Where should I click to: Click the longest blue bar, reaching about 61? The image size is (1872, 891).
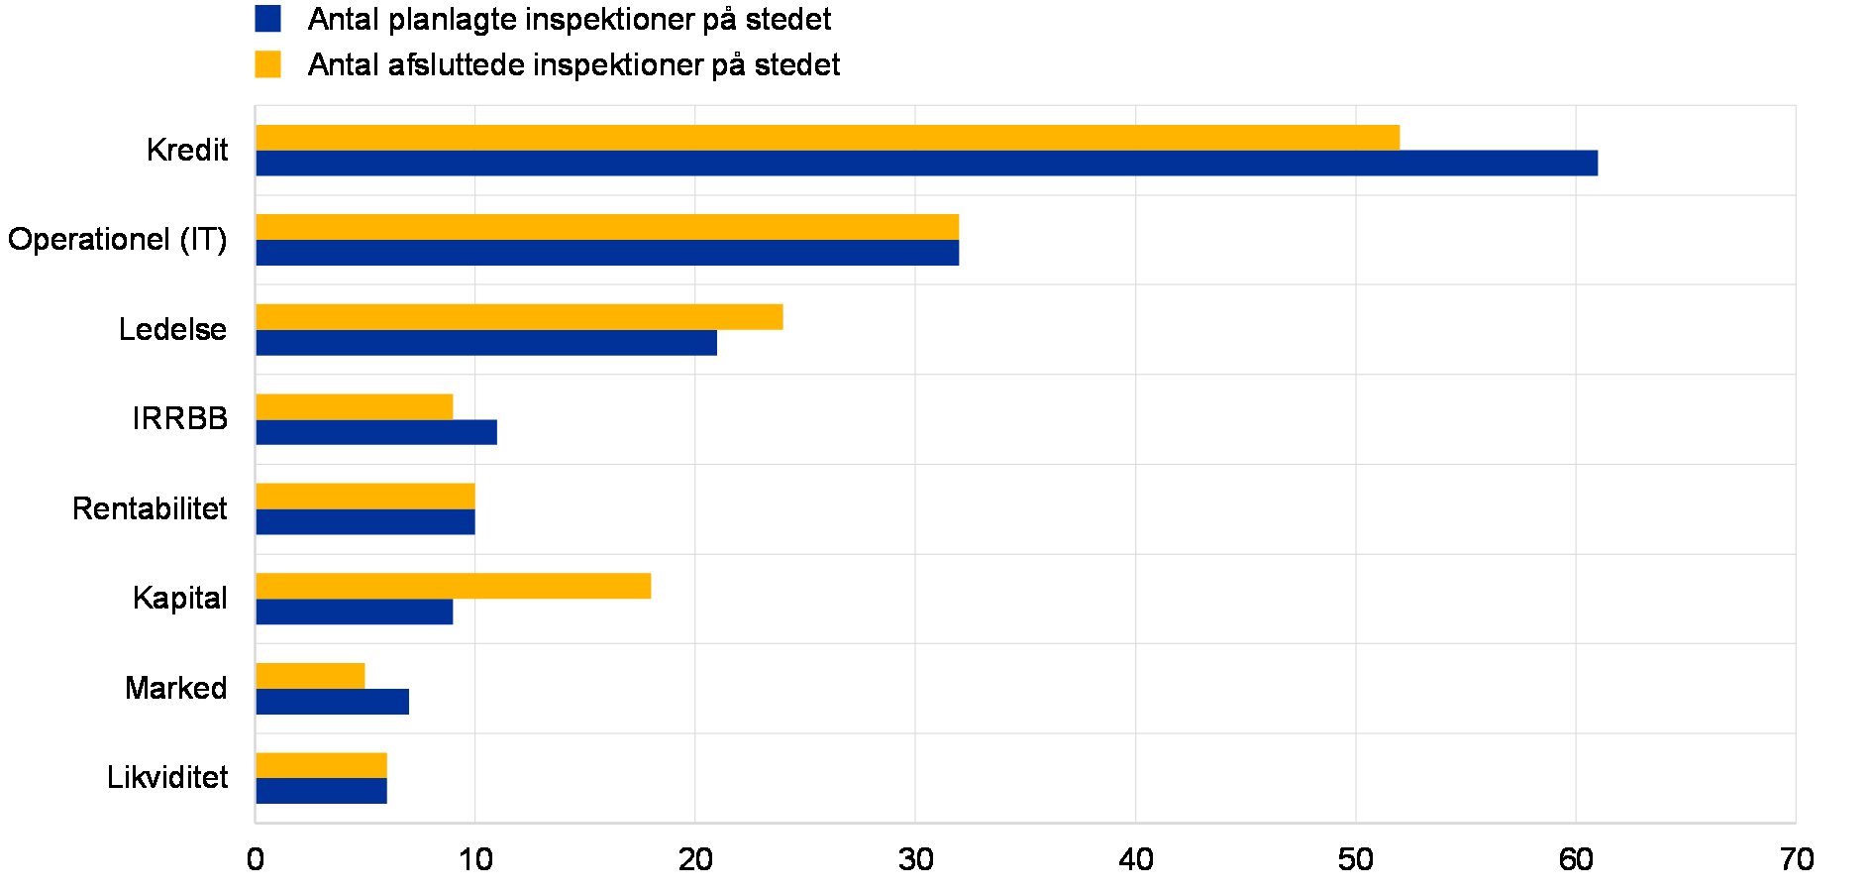pos(926,164)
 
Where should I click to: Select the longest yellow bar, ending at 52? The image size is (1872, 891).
pos(827,138)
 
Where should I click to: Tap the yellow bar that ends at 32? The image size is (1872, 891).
pos(607,227)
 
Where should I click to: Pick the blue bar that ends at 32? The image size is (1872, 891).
pos(607,253)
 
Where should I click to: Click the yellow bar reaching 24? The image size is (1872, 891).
pos(519,317)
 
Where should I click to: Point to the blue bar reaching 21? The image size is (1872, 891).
pos(485,343)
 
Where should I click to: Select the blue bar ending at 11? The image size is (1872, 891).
pos(376,432)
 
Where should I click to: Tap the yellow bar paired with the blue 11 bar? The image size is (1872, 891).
pos(355,406)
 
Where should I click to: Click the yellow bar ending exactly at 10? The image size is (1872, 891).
pos(365,497)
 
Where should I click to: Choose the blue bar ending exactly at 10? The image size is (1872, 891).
pos(365,522)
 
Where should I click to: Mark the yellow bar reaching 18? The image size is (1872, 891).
pos(454,586)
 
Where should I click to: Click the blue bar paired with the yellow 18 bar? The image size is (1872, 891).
pos(355,613)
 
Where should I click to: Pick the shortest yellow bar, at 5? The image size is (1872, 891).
pos(310,676)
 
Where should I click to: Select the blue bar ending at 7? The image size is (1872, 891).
pos(332,702)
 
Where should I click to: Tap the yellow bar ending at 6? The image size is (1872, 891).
pos(321,765)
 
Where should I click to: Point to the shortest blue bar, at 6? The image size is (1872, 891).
pos(321,791)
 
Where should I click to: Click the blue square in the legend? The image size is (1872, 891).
pos(267,19)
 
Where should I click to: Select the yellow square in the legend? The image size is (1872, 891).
pos(267,64)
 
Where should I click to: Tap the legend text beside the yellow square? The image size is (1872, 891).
pos(570,65)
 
